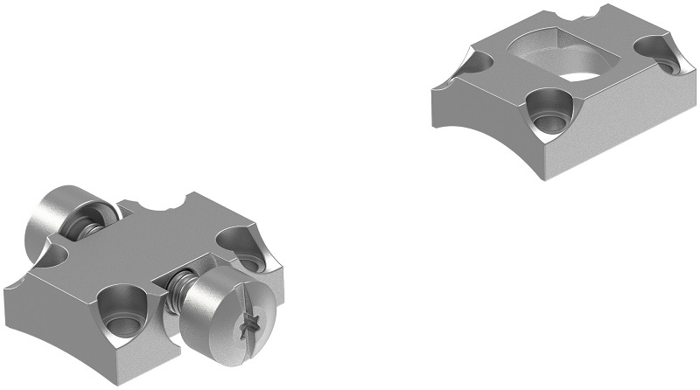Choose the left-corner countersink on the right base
(x=480, y=62)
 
